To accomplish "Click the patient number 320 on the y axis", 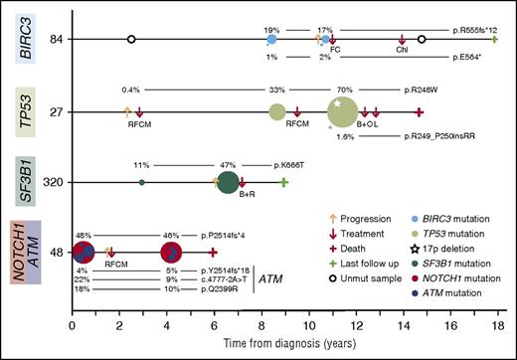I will [x=56, y=183].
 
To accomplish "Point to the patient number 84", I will [x=58, y=40].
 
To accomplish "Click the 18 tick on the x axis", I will [x=494, y=324].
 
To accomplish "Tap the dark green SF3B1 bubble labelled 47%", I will [x=228, y=182].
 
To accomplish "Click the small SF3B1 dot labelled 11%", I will [x=142, y=182].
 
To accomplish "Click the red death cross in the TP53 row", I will [x=420, y=112].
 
